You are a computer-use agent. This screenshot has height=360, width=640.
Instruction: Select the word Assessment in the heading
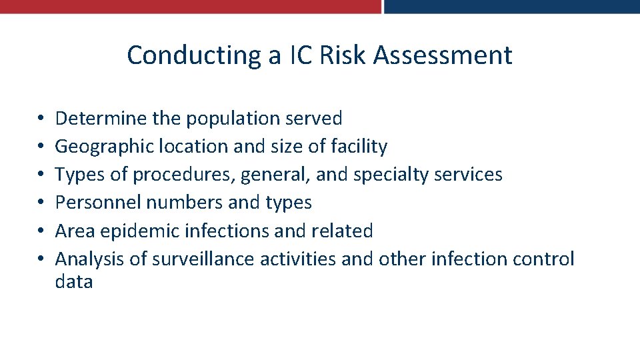click(x=443, y=55)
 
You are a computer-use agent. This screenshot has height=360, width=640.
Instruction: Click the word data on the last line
click(x=74, y=282)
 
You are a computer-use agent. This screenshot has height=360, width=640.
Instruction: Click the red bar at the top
click(x=190, y=6)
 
